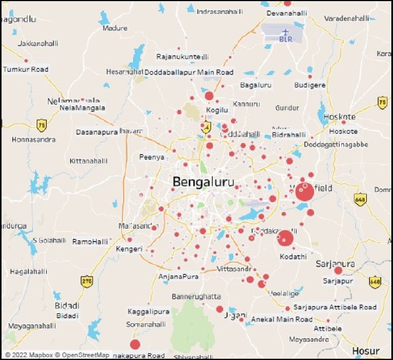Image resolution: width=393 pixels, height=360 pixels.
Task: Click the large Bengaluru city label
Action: click(x=203, y=182)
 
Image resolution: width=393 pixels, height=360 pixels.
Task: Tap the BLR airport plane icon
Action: click(x=286, y=31)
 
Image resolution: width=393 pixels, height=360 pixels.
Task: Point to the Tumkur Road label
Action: click(x=26, y=70)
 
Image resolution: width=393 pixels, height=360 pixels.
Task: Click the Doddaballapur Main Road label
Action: click(x=189, y=72)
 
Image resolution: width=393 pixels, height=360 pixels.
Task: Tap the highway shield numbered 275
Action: click(x=86, y=281)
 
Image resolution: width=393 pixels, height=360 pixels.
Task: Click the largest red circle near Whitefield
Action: click(x=304, y=191)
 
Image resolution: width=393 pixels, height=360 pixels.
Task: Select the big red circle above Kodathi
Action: click(x=285, y=238)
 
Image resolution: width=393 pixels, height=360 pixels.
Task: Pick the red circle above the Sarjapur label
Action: click(x=338, y=270)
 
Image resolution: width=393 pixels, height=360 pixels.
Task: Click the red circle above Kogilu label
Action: click(x=209, y=96)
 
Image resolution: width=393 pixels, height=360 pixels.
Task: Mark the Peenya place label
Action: click(x=152, y=157)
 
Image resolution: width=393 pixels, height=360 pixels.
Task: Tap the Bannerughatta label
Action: click(x=196, y=297)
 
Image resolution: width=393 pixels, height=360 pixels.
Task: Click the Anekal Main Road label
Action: click(x=282, y=319)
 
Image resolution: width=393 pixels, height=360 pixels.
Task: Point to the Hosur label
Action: click(x=366, y=351)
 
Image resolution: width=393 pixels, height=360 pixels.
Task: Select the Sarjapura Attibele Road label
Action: click(x=335, y=307)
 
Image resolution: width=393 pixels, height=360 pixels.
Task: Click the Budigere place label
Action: click(x=310, y=85)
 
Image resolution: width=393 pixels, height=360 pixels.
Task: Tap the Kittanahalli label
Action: click(x=89, y=161)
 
